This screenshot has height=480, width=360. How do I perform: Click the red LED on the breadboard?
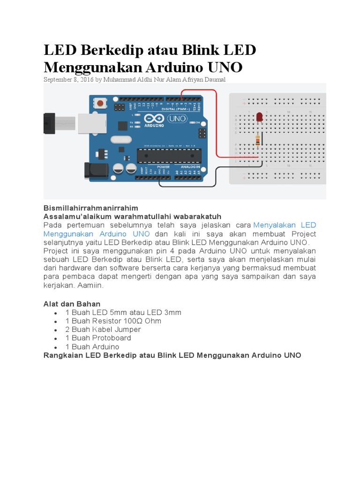[x=259, y=118]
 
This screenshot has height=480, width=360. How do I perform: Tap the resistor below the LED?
[x=257, y=139]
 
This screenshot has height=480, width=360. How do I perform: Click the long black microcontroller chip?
[x=167, y=155]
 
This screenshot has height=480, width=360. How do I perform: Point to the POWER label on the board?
[x=163, y=167]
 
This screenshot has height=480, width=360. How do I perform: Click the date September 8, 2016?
[x=68, y=80]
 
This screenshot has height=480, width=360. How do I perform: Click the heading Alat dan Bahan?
[x=72, y=304]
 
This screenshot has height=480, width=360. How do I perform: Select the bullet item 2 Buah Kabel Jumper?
[x=103, y=330]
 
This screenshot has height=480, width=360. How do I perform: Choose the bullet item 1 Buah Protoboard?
[x=98, y=338]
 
